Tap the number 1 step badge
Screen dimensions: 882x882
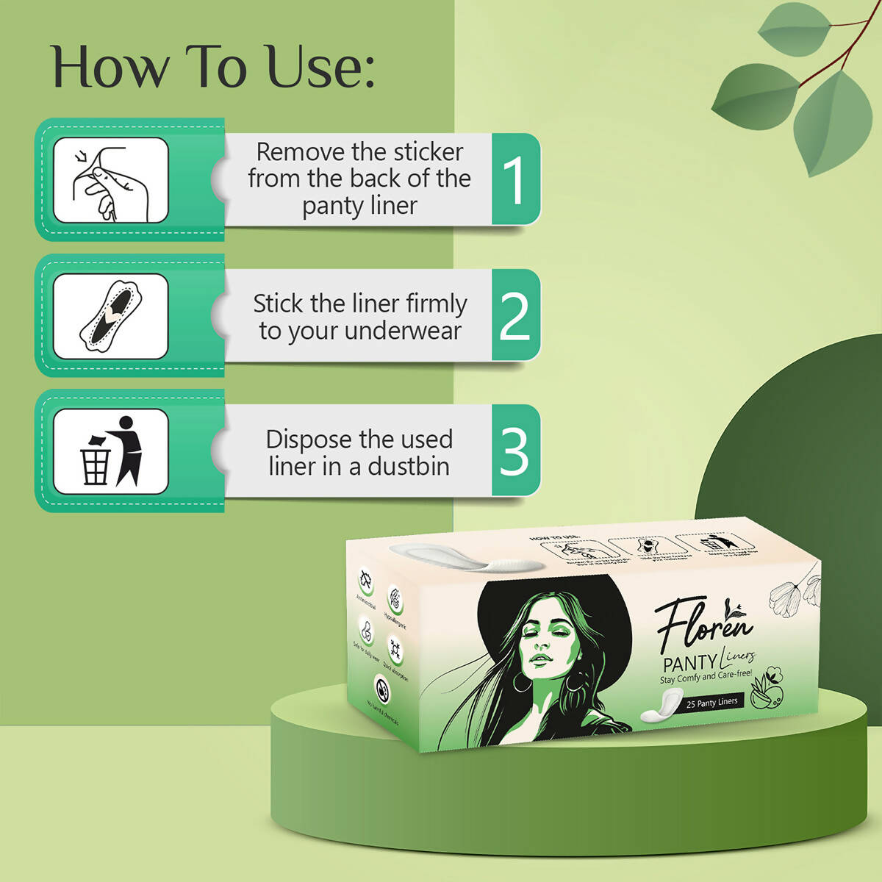point(515,179)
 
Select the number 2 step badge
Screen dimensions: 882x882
point(514,315)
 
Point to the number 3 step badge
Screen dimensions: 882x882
point(514,451)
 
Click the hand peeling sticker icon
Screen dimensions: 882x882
point(111,180)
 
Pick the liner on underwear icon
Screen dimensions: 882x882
point(111,316)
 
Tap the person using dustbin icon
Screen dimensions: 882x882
point(111,451)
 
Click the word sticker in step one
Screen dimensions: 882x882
point(429,152)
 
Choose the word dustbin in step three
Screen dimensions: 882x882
point(409,466)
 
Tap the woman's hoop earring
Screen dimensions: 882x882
point(523,683)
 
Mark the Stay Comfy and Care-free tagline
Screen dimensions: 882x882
point(706,676)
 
